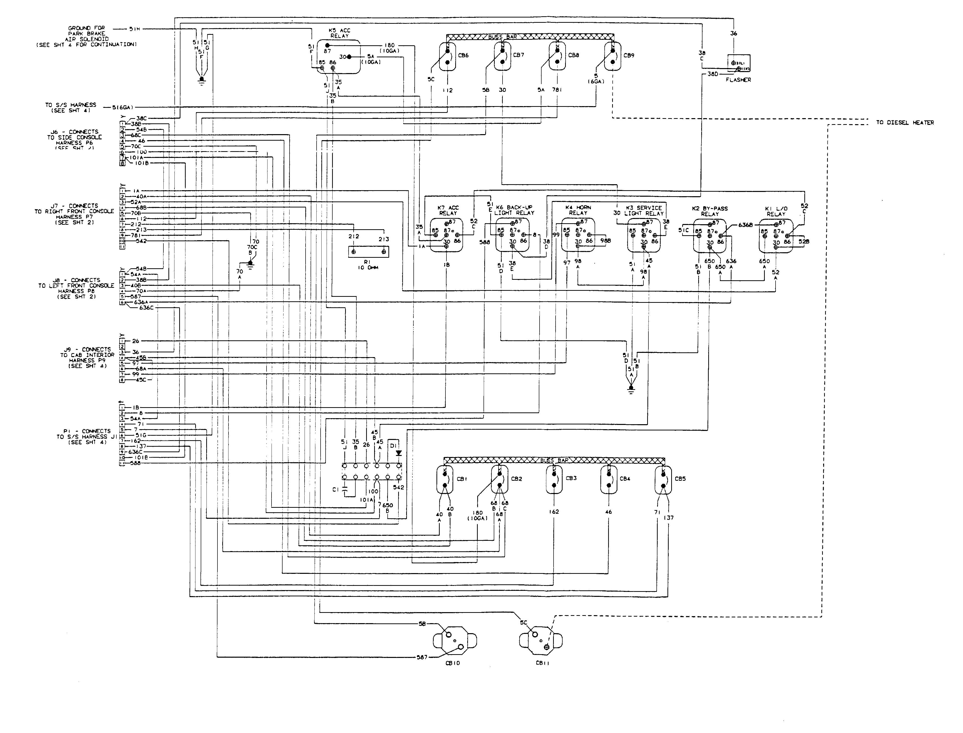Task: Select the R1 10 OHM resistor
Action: point(368,252)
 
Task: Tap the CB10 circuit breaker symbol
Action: point(455,640)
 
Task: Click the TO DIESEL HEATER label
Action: point(904,123)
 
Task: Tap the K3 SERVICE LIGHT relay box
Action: point(644,235)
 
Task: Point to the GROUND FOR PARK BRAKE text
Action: point(86,31)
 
